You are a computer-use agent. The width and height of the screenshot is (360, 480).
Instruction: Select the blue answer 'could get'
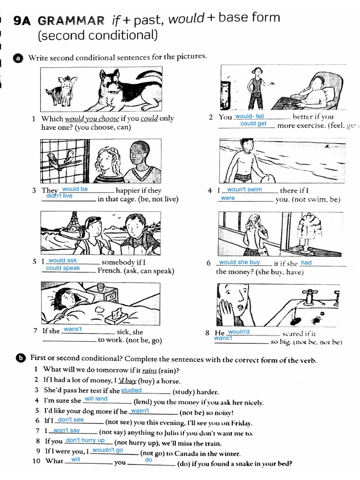coord(253,124)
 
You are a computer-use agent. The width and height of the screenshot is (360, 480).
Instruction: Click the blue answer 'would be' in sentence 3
coord(75,189)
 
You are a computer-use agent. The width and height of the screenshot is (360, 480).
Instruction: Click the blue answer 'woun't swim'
coord(244,190)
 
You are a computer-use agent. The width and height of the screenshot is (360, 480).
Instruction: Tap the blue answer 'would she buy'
coord(239,262)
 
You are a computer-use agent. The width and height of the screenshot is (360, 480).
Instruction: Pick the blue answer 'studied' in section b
coord(131,390)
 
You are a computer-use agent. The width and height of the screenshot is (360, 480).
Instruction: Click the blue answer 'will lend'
coord(96,399)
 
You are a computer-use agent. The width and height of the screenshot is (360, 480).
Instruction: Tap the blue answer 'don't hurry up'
coord(85,440)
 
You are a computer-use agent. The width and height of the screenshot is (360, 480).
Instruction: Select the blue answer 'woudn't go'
coord(107,450)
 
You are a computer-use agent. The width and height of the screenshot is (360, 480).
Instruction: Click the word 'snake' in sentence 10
coord(234,465)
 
